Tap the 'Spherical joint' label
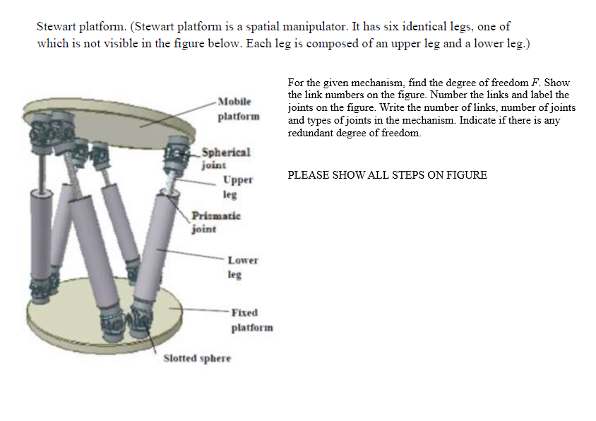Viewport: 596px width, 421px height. pos(225,159)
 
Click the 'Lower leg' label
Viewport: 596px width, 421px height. pos(242,267)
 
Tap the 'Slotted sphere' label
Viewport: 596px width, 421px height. pos(197,358)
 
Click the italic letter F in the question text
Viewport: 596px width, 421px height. pos(532,83)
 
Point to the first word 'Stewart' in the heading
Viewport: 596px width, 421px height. pos(56,27)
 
